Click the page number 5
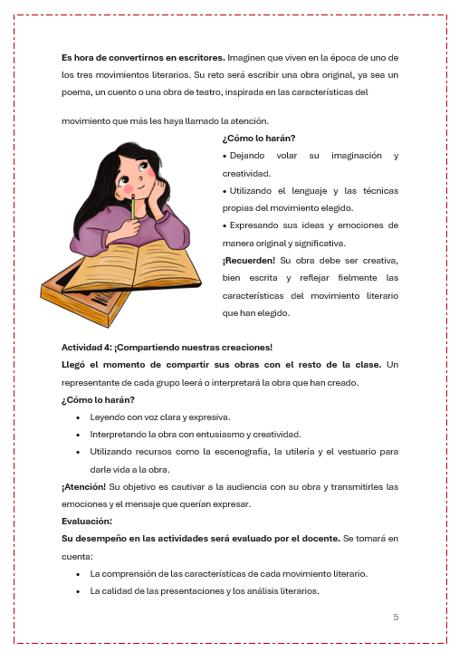tap(396, 617)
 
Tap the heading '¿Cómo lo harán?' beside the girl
tap(258, 139)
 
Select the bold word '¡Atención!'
tap(83, 486)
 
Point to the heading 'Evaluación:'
tap(87, 521)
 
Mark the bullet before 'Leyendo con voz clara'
tap(79, 417)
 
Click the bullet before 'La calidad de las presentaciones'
tap(79, 591)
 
